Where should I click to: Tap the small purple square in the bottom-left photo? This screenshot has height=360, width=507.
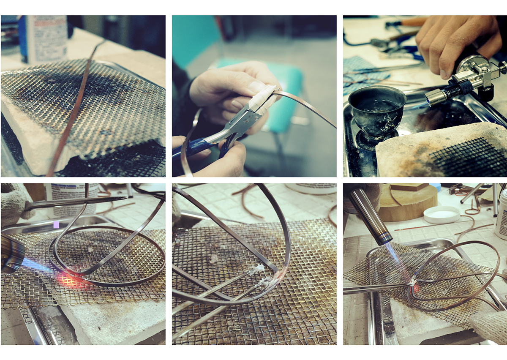coord(56,224)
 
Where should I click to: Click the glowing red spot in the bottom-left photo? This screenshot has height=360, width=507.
coord(68,280)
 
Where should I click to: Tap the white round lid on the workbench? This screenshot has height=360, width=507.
coord(441,214)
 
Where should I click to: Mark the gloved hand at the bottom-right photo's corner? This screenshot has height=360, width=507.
coord(490,325)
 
